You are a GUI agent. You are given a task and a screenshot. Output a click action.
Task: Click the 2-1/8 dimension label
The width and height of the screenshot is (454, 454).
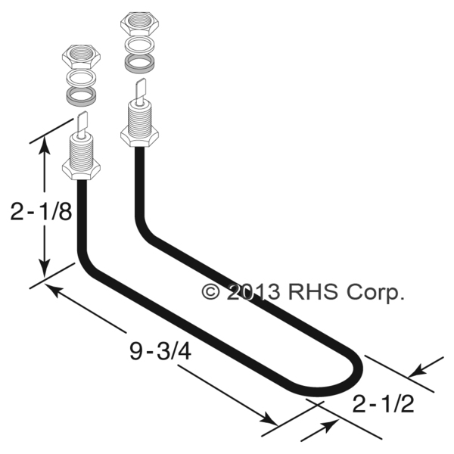(41, 213)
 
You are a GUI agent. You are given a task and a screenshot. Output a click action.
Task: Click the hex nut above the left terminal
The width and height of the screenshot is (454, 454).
(80, 56)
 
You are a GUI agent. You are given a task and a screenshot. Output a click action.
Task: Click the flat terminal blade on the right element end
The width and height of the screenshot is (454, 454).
(141, 89)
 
